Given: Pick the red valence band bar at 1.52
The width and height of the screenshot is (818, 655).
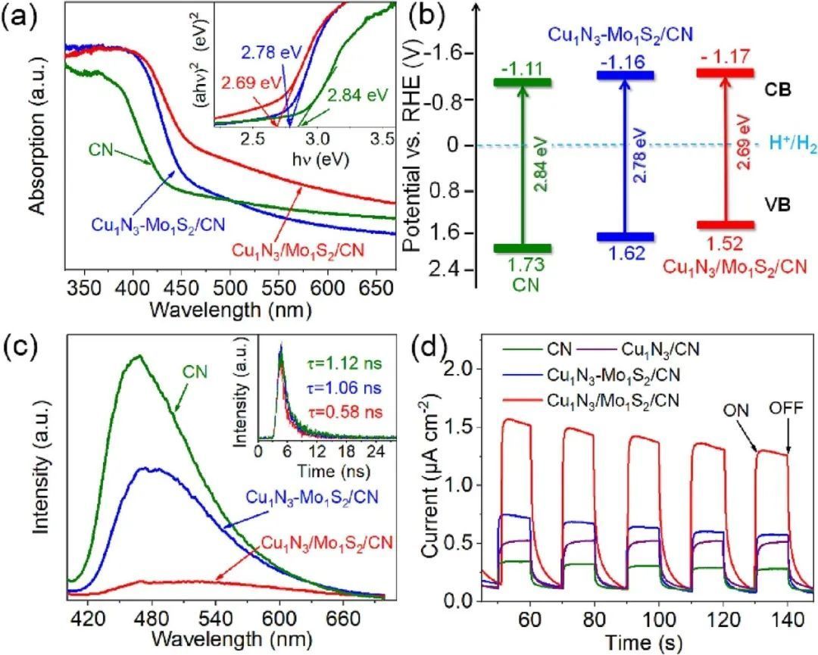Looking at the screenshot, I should click(725, 225).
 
